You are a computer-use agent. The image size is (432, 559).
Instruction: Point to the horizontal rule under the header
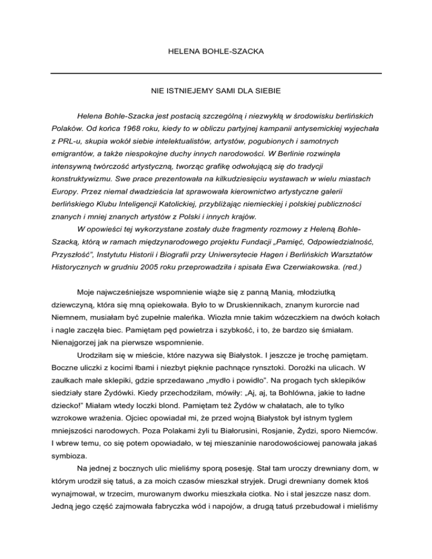pyautogui.click(x=216, y=73)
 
